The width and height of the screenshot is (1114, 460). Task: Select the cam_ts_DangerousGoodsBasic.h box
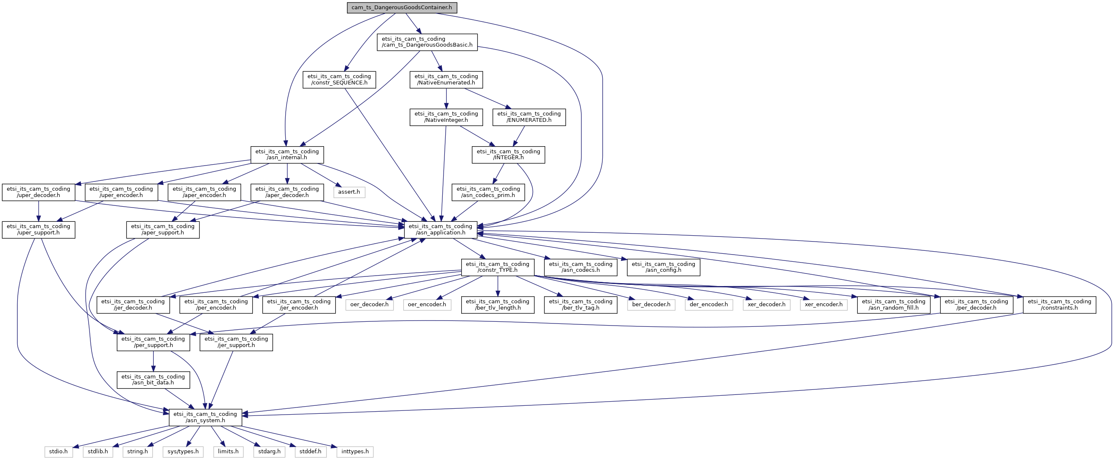click(x=427, y=42)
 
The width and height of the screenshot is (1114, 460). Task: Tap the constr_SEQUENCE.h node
click(x=339, y=79)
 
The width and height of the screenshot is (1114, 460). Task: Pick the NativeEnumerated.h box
click(x=446, y=79)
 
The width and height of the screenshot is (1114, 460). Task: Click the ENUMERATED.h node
click(x=529, y=117)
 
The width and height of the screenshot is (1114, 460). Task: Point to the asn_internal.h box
click(x=287, y=155)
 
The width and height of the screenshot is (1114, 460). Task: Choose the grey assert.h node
click(x=349, y=192)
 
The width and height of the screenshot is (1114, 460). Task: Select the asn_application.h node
click(x=440, y=229)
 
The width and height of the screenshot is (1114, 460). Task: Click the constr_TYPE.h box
click(x=497, y=267)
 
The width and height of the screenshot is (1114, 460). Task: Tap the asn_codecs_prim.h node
click(x=488, y=192)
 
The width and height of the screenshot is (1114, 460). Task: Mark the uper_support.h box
click(x=39, y=229)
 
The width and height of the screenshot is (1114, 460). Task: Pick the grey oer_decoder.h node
click(x=369, y=305)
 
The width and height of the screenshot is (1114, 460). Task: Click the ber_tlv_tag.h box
click(x=581, y=305)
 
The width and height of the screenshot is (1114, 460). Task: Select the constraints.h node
click(x=1059, y=305)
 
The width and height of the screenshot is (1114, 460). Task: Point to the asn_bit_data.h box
click(x=153, y=380)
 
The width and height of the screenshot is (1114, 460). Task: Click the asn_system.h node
click(x=205, y=417)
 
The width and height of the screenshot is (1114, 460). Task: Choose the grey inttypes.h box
click(x=355, y=452)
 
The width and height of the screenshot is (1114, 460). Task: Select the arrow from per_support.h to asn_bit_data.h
click(x=153, y=361)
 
